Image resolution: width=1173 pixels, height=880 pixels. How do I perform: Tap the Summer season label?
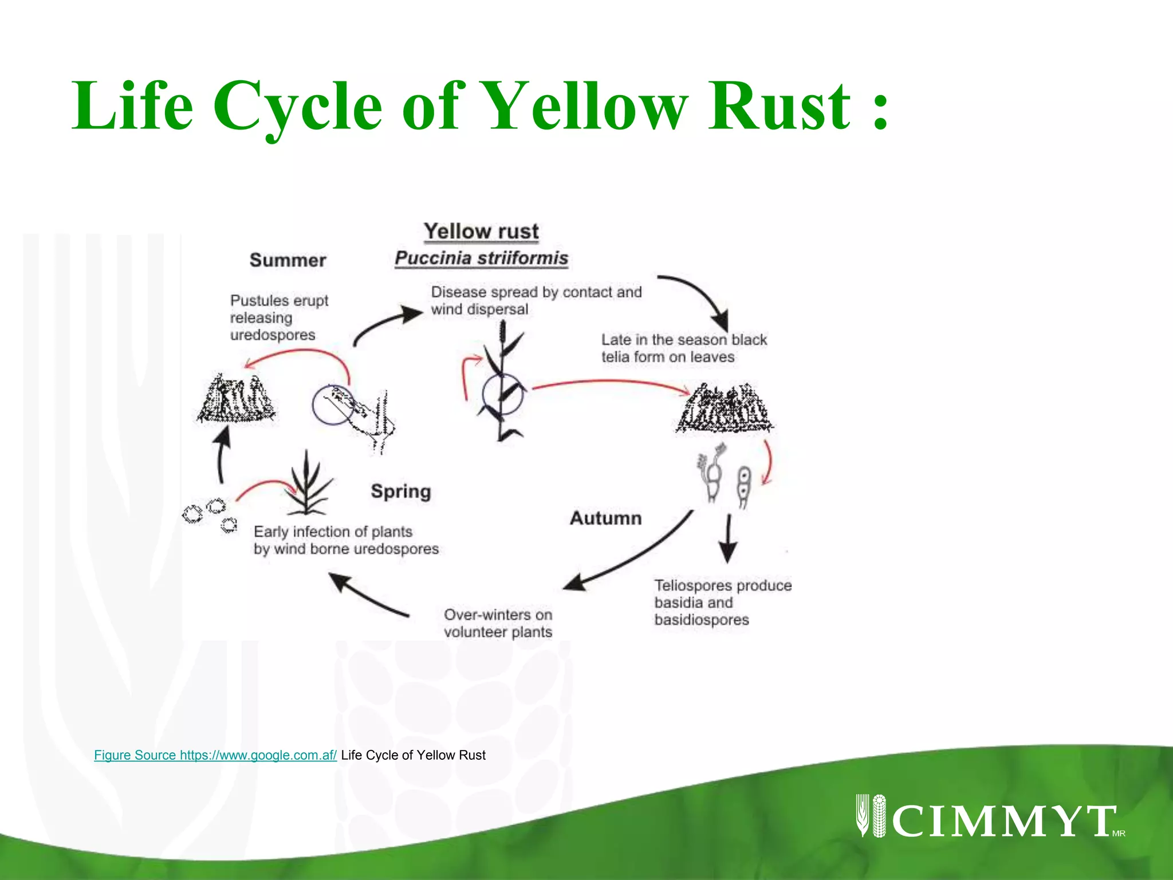[x=288, y=260]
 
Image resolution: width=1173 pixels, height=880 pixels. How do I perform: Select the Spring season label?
[x=400, y=492]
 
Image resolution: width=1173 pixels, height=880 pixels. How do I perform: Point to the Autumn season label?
[x=605, y=518]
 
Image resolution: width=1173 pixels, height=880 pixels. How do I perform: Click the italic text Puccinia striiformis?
[x=481, y=258]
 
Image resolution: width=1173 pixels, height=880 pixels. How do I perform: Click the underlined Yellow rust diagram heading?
[x=481, y=231]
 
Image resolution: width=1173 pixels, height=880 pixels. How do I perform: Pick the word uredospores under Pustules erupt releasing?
[x=273, y=335]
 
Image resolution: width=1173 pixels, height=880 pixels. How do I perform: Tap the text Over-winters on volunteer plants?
[x=498, y=623]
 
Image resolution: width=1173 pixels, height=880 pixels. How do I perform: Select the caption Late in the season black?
[x=684, y=340]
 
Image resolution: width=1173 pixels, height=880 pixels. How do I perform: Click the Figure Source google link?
[x=215, y=755]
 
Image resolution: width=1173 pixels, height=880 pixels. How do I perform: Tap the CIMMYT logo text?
[x=1002, y=820]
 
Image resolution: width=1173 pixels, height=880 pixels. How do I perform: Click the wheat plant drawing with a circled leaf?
[x=502, y=384]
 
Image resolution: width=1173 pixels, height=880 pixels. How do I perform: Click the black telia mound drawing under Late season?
[x=725, y=410]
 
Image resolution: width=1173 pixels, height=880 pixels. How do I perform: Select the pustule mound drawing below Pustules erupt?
[x=235, y=399]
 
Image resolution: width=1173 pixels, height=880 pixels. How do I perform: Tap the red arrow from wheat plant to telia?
[x=610, y=383]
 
